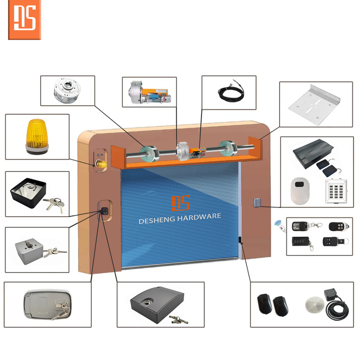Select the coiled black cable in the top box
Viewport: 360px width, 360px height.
[229, 92]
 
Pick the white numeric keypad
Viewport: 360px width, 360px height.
[334, 190]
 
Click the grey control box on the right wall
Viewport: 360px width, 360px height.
[256, 203]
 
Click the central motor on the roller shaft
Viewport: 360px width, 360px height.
[184, 151]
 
